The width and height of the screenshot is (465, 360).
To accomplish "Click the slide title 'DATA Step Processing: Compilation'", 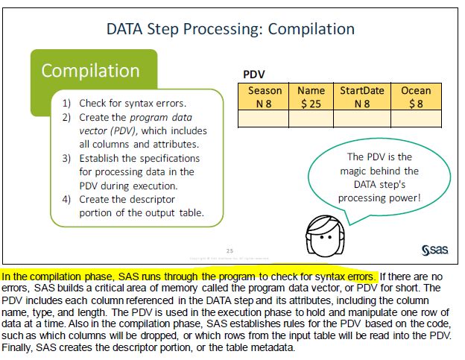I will (x=230, y=29).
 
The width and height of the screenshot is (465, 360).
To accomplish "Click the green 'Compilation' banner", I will (x=91, y=71).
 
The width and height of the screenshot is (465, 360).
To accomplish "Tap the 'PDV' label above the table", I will (x=254, y=75).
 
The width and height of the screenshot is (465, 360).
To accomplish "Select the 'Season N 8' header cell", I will (x=264, y=97).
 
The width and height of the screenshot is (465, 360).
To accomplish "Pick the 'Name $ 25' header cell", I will (x=311, y=97).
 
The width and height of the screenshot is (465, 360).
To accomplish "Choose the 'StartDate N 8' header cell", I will (x=362, y=97).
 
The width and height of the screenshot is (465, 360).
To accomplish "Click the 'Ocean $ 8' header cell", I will (x=416, y=97).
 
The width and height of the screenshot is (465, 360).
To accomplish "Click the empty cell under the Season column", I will (x=264, y=119).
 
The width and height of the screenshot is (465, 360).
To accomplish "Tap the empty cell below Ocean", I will (x=416, y=119).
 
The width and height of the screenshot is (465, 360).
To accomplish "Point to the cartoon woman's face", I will (x=322, y=237).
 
